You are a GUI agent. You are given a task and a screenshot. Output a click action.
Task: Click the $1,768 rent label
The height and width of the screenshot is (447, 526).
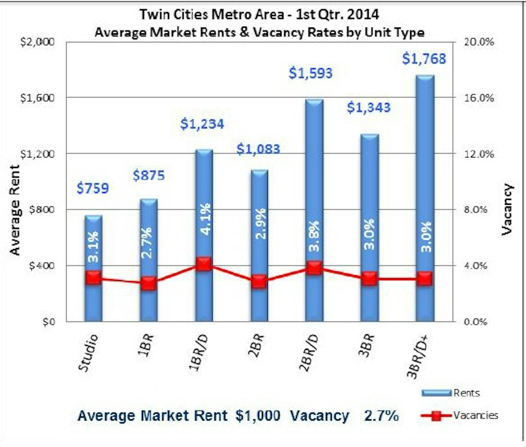point(424,59)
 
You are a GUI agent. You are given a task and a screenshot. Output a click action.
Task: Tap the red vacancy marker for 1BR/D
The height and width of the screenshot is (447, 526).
point(204,264)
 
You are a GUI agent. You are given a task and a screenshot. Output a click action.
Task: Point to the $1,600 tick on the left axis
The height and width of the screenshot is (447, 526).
point(37,98)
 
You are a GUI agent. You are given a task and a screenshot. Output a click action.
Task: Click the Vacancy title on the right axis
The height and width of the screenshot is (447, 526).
point(507,209)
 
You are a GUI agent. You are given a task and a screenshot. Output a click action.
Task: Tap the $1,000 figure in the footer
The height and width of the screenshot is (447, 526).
point(258,416)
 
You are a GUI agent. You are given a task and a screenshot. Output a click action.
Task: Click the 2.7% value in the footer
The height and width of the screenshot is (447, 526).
point(381,416)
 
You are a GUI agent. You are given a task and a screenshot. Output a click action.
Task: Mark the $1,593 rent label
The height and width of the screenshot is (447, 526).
point(310,73)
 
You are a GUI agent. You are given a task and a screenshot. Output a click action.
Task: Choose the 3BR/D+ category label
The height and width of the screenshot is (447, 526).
point(417,356)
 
